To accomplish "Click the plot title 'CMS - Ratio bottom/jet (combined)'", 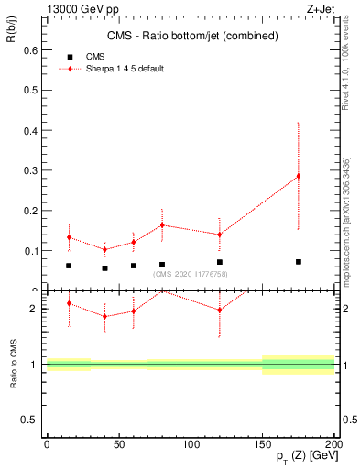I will coord(190,36).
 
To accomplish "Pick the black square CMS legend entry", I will coord(71,56).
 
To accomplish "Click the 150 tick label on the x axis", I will coord(262,443).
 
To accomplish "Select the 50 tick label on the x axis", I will coord(118,443).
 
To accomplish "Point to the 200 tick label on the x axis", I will coord(333,443).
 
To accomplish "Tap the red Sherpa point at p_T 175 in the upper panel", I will coord(298,176).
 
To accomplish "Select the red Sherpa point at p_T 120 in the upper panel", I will coord(219,234).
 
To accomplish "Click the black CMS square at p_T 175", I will coord(298,262).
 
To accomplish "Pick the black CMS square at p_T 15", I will coord(69,266).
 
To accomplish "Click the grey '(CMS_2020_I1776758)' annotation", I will coord(191,273).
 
